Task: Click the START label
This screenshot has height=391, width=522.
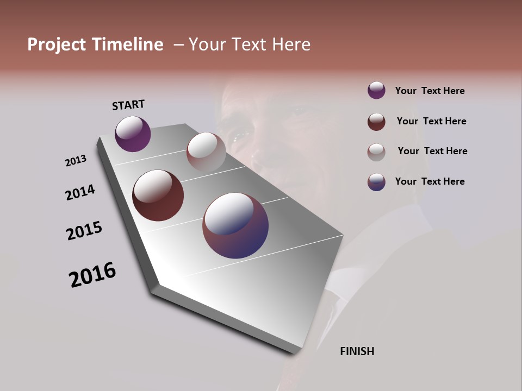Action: pyautogui.click(x=128, y=105)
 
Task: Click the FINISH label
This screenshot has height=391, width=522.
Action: pyautogui.click(x=357, y=351)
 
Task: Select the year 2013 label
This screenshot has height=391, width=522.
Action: pyautogui.click(x=76, y=161)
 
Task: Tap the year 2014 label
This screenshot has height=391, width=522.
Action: pyautogui.click(x=80, y=192)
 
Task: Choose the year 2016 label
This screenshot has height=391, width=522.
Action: pyautogui.click(x=92, y=275)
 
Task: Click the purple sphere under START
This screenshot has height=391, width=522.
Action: pyautogui.click(x=133, y=134)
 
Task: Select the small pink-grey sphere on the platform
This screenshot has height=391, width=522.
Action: pyautogui.click(x=206, y=152)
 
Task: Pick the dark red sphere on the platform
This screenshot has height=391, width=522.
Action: pyautogui.click(x=158, y=195)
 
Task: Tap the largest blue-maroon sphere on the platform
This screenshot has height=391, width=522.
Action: pyautogui.click(x=235, y=225)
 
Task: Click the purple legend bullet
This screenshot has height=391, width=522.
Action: pyautogui.click(x=376, y=90)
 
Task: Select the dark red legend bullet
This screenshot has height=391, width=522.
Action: pyautogui.click(x=376, y=122)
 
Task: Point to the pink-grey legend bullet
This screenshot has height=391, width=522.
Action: pyautogui.click(x=376, y=152)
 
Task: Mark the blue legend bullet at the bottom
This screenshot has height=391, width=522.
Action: pyautogui.click(x=376, y=182)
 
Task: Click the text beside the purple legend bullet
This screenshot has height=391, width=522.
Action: pyautogui.click(x=430, y=91)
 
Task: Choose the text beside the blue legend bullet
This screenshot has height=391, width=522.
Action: pyautogui.click(x=430, y=181)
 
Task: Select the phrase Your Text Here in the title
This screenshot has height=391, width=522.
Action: pyautogui.click(x=250, y=45)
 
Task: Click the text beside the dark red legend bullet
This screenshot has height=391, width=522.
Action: pyautogui.click(x=431, y=121)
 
